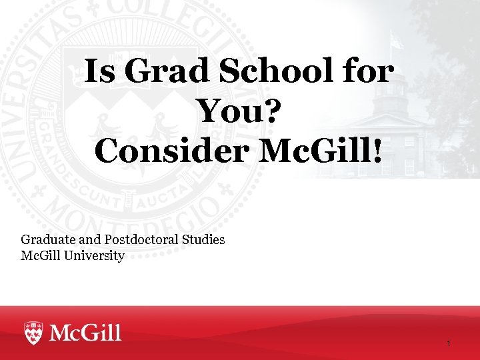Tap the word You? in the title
click(241, 111)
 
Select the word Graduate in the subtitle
click(47, 239)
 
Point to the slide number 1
click(449, 343)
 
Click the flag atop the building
click(397, 41)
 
